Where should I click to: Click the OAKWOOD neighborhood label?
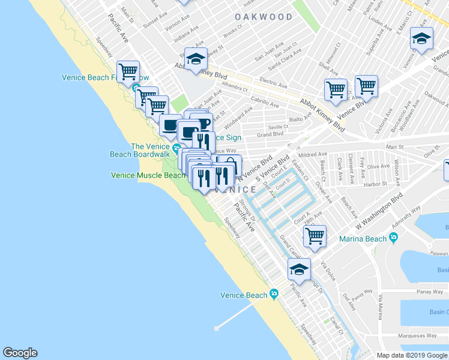point(264,17)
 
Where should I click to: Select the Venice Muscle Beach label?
point(148,175)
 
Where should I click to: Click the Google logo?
point(20,353)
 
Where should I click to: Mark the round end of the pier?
point(216,328)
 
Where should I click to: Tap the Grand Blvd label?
point(270,134)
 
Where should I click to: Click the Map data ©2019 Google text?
point(412,355)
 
